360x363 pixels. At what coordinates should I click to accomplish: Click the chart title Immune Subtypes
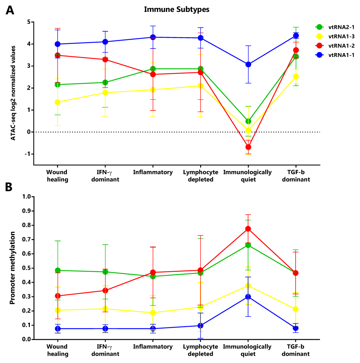pyautogui.click(x=176, y=10)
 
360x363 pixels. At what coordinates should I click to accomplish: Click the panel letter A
pyautogui.click(x=10, y=10)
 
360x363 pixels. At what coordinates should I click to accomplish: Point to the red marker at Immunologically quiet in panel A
pyautogui.click(x=248, y=147)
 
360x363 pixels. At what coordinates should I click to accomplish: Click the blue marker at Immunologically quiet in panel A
pyautogui.click(x=248, y=64)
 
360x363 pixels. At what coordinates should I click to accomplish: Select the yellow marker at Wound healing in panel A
pyautogui.click(x=57, y=102)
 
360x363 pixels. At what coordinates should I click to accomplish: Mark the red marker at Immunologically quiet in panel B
pyautogui.click(x=248, y=229)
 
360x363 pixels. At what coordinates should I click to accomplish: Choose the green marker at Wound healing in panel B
pyautogui.click(x=57, y=270)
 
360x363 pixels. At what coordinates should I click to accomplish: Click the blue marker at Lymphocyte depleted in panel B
pyautogui.click(x=201, y=326)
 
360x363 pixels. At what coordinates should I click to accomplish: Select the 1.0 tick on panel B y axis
pyautogui.click(x=27, y=197)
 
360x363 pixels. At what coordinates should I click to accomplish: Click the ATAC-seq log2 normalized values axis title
pyautogui.click(x=13, y=93)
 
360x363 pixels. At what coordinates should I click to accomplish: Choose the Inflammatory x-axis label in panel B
pyautogui.click(x=153, y=347)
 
